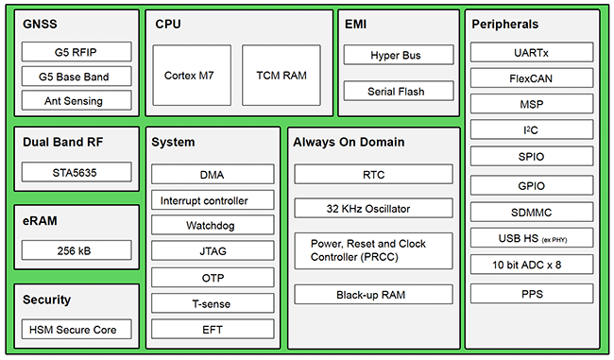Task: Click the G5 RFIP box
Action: coord(74,52)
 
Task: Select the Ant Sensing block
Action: coord(74,100)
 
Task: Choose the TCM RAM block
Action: coord(281,75)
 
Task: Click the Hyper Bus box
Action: coord(397,56)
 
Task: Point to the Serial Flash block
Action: coord(397,92)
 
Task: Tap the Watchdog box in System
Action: coord(213,226)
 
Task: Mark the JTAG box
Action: coord(213,251)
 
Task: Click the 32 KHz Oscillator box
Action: coord(373,208)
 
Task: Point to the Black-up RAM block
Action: coord(373,295)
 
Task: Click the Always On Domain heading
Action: coord(349,143)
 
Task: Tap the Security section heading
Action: coord(47,300)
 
